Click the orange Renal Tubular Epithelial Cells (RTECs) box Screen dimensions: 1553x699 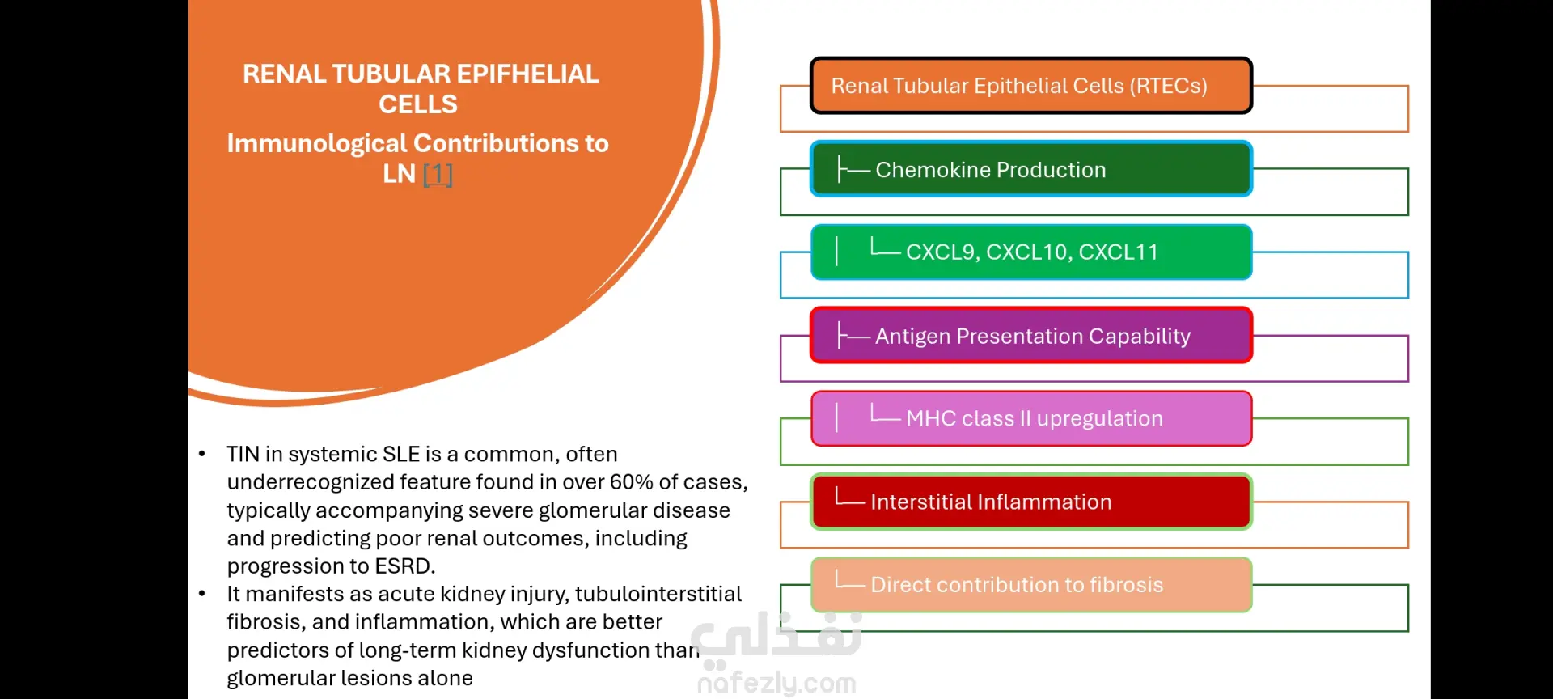[1031, 85]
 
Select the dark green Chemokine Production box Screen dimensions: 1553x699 [1031, 169]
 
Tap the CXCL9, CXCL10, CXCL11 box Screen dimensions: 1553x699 [1031, 252]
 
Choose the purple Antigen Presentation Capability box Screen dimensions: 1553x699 [1031, 335]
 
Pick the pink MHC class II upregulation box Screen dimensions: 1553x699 [1031, 418]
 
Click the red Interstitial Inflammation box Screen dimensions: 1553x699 [1031, 502]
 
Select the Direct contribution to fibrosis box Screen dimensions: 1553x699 [1031, 585]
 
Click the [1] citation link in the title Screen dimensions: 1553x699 [438, 174]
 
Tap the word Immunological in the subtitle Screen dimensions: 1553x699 [317, 144]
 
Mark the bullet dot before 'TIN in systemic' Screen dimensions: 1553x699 [202, 454]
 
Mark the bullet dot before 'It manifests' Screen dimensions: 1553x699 [202, 594]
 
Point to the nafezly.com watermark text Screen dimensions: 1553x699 [776, 684]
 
